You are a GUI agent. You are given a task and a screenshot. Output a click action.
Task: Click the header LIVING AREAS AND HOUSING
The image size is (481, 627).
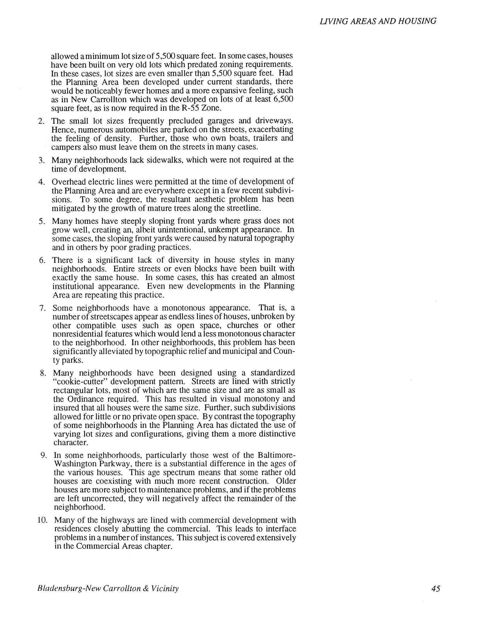point(378,21)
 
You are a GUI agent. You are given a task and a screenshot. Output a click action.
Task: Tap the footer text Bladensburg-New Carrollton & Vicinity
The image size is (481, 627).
point(108,589)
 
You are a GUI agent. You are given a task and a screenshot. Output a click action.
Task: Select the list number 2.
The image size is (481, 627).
point(41,121)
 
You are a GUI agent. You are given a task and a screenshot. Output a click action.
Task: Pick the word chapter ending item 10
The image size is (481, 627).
point(158,546)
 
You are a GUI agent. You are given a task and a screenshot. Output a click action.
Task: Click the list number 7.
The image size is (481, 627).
point(42,308)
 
